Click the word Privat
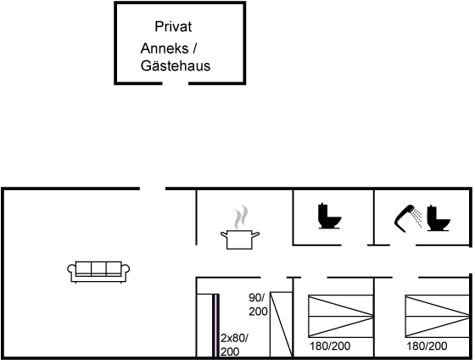pyautogui.click(x=173, y=26)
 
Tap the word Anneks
pyautogui.click(x=165, y=48)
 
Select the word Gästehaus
pyautogui.click(x=176, y=66)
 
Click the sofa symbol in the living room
pyautogui.click(x=98, y=272)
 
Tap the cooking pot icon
pyautogui.click(x=240, y=239)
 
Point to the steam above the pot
pyautogui.click(x=241, y=217)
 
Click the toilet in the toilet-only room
pyautogui.click(x=329, y=216)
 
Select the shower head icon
pyautogui.click(x=408, y=217)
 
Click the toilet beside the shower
pyautogui.click(x=439, y=218)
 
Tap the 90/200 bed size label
pyautogui.click(x=258, y=305)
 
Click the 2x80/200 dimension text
pyautogui.click(x=234, y=345)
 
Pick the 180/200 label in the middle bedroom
pyautogui.click(x=330, y=346)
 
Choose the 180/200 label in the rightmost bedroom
pyautogui.click(x=427, y=346)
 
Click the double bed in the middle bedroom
pyautogui.click(x=341, y=316)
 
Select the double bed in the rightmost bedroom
pyautogui.click(x=438, y=316)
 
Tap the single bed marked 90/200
pyautogui.click(x=282, y=324)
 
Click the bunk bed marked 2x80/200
pyautogui.click(x=208, y=325)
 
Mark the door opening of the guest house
pyautogui.click(x=176, y=83)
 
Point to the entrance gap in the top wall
pyautogui.click(x=153, y=188)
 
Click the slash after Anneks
pyautogui.click(x=194, y=48)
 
